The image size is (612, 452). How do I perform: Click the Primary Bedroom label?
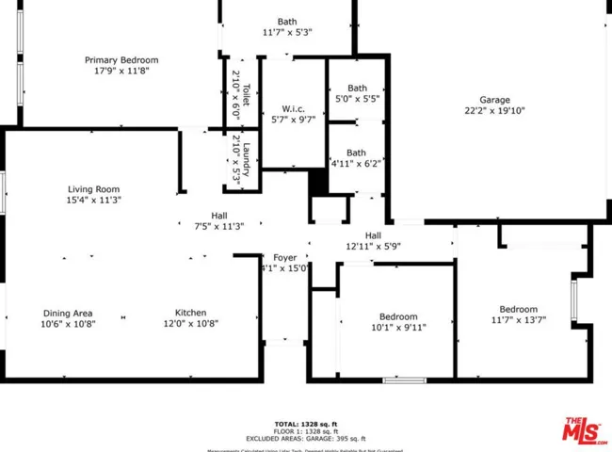click(x=121, y=60)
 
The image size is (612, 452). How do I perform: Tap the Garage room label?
click(x=494, y=99)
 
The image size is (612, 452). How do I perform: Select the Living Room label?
click(x=93, y=189)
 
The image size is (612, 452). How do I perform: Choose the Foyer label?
click(x=284, y=257)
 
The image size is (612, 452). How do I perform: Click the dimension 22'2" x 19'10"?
click(x=494, y=110)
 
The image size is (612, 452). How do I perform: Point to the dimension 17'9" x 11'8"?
click(x=121, y=71)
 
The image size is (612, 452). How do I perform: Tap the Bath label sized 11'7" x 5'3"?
click(x=287, y=22)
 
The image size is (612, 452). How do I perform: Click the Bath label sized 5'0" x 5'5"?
click(x=357, y=88)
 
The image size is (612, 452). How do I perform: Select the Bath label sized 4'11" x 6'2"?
click(x=356, y=153)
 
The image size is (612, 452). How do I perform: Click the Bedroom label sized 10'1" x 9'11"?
click(x=398, y=317)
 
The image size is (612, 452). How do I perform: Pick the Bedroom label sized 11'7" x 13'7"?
click(x=518, y=310)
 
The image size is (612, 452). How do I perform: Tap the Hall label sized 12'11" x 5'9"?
click(x=373, y=235)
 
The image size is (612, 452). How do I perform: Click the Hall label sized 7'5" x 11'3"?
click(x=218, y=216)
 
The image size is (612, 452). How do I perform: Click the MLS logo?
click(x=585, y=430)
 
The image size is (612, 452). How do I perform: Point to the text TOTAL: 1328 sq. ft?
click(x=306, y=423)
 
